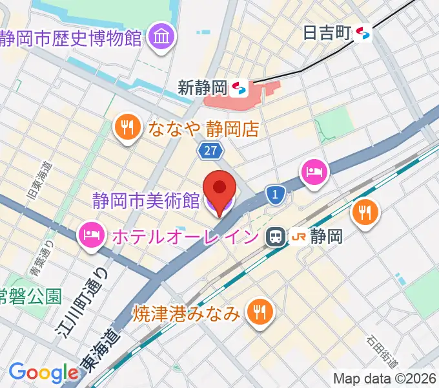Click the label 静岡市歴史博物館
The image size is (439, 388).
(71, 38)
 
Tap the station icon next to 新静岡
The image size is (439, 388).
(240, 87)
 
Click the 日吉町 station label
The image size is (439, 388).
(328, 32)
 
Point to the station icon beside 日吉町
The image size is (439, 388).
(363, 32)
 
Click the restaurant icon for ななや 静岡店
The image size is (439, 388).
(128, 127)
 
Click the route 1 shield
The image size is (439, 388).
(276, 193)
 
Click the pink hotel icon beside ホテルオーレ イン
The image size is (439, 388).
(91, 235)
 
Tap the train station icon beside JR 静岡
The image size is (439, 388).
(276, 236)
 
